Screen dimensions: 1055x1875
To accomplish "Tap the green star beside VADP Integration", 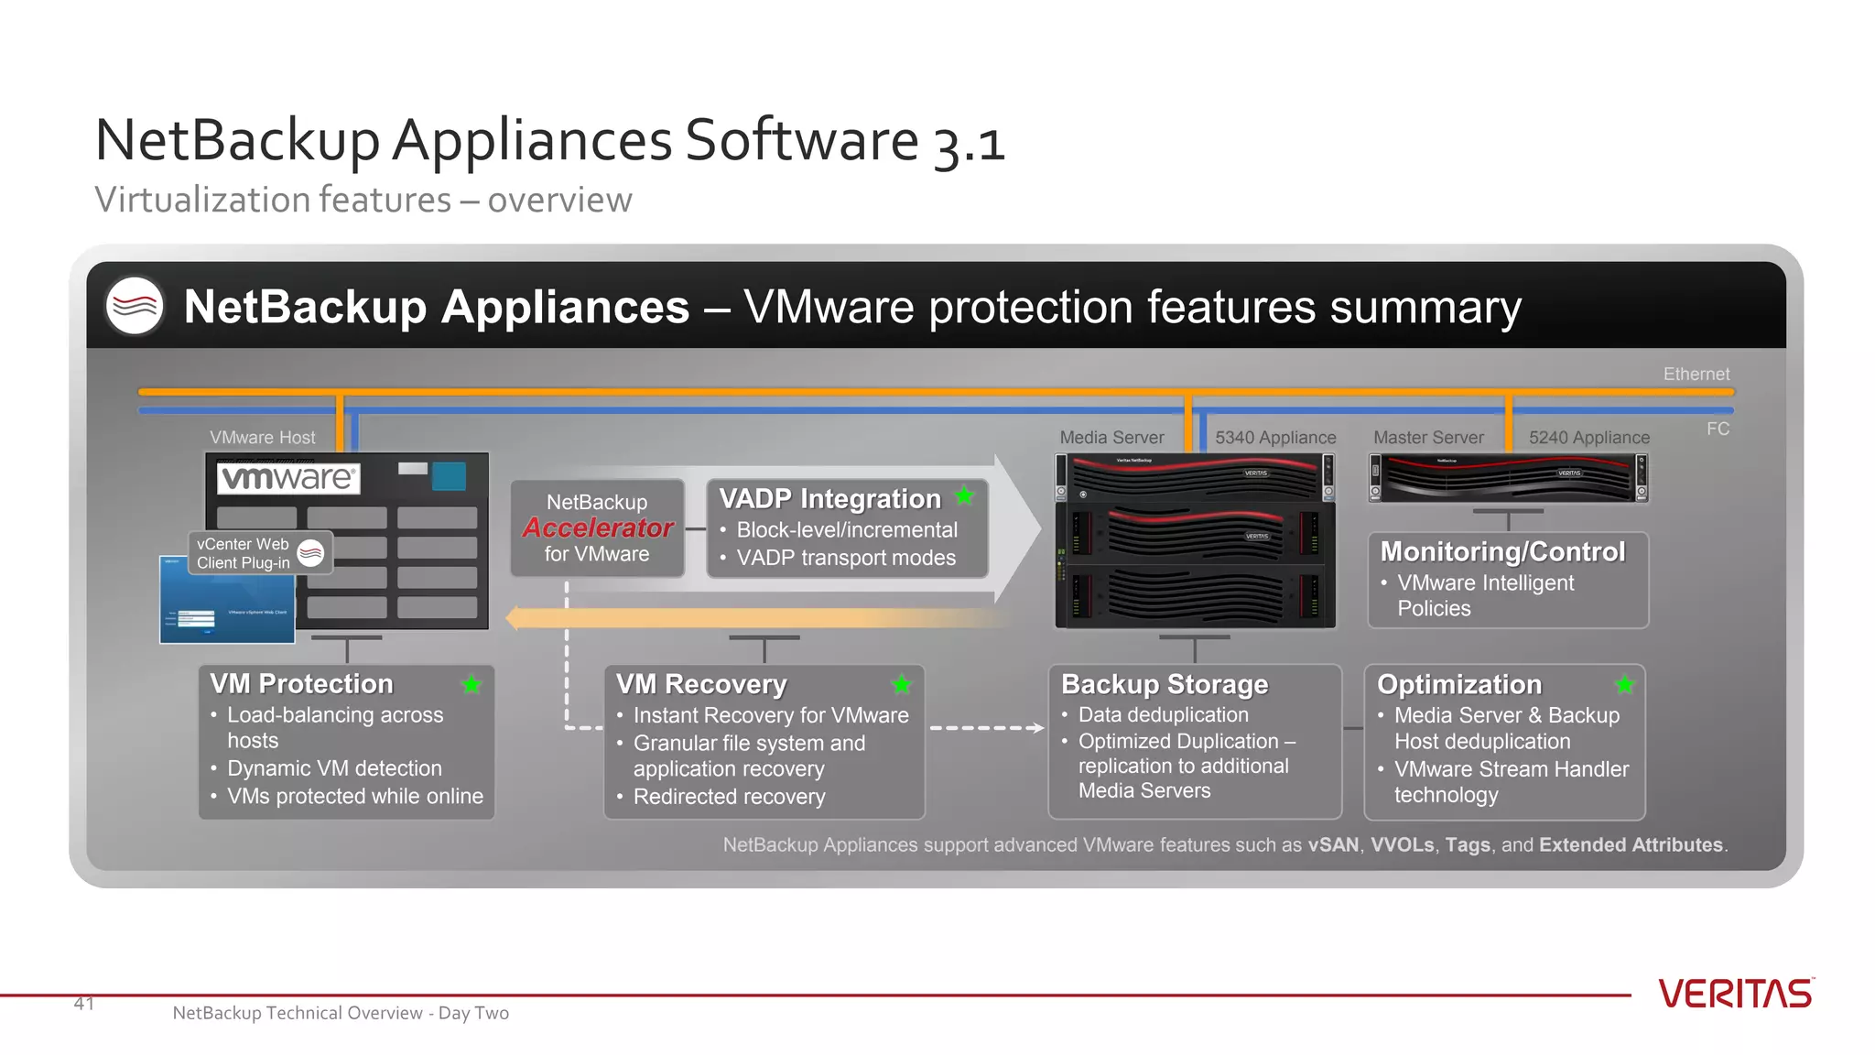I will [x=964, y=496].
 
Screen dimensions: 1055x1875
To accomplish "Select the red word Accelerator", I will [x=598, y=528].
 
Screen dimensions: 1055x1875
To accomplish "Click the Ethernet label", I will [x=1696, y=374].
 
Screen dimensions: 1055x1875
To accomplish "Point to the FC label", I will [x=1718, y=429].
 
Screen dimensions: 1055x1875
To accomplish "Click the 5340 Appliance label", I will [x=1275, y=438].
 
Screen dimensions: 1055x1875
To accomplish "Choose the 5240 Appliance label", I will [x=1588, y=438].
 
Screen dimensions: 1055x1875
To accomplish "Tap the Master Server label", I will [x=1428, y=438].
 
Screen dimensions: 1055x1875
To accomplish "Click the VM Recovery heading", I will [x=701, y=684].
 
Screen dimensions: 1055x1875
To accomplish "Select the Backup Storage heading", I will [x=1165, y=684].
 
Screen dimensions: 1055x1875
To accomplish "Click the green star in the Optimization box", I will [x=1625, y=684].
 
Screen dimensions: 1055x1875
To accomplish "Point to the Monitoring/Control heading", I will [x=1502, y=551].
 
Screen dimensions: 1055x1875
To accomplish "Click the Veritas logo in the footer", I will [x=1735, y=994].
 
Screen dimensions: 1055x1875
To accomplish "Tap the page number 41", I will [x=84, y=1004].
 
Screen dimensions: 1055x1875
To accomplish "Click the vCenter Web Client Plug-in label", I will [x=244, y=553].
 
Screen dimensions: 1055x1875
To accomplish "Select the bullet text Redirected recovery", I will [x=729, y=797].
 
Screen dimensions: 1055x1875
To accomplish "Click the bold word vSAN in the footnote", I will [x=1333, y=844].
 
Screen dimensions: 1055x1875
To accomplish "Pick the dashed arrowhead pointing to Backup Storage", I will [x=1037, y=728].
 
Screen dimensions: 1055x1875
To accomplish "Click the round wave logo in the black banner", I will [x=135, y=305].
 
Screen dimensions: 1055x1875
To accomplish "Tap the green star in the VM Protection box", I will [x=471, y=684].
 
